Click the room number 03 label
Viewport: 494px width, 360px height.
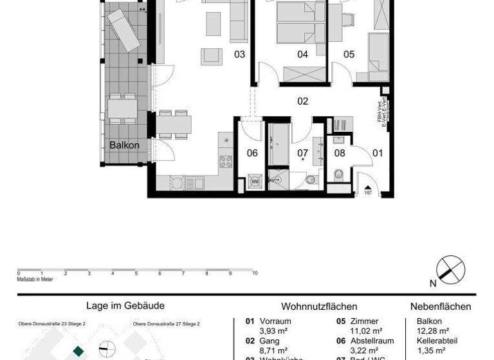(x=239, y=55)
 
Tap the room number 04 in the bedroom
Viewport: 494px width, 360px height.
(x=302, y=55)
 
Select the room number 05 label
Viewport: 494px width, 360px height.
(x=349, y=55)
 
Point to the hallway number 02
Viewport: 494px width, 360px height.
(x=302, y=101)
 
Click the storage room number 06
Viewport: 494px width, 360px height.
(x=252, y=153)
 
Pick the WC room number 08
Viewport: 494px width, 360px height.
(x=340, y=153)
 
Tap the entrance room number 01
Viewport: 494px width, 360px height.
(x=378, y=153)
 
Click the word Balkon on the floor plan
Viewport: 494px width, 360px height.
(x=124, y=145)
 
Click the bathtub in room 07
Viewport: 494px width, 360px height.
(x=280, y=145)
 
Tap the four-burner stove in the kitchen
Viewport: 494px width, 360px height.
(x=226, y=161)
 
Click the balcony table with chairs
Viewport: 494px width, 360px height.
(x=121, y=108)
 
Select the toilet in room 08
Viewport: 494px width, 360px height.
(x=339, y=174)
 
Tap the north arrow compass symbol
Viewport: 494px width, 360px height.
(x=450, y=270)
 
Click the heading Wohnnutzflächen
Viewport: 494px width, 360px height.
(x=319, y=307)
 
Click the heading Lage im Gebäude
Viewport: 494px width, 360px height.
(x=125, y=306)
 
